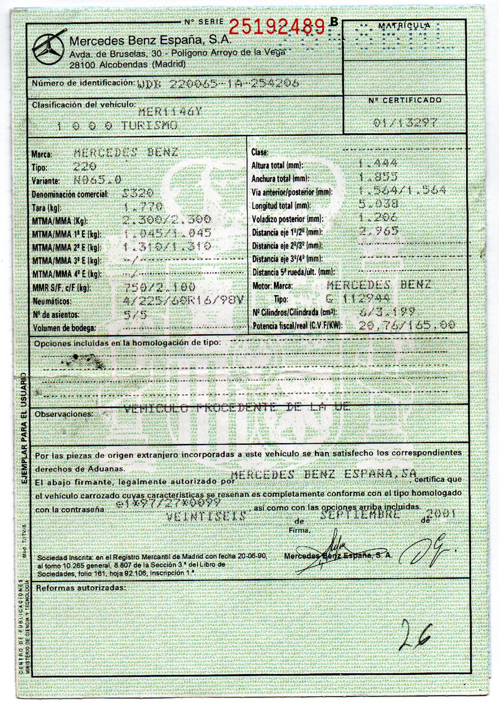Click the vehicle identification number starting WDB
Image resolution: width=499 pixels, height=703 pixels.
tap(218, 83)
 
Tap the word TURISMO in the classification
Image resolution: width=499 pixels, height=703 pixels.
tap(149, 125)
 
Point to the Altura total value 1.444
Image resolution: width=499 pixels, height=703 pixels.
tap(378, 164)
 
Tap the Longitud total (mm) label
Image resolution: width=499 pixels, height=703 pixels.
tap(281, 205)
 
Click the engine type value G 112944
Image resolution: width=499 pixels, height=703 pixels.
tap(374, 299)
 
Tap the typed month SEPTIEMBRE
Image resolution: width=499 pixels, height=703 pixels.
tap(363, 515)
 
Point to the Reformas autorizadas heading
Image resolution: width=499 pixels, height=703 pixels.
tap(80, 588)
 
